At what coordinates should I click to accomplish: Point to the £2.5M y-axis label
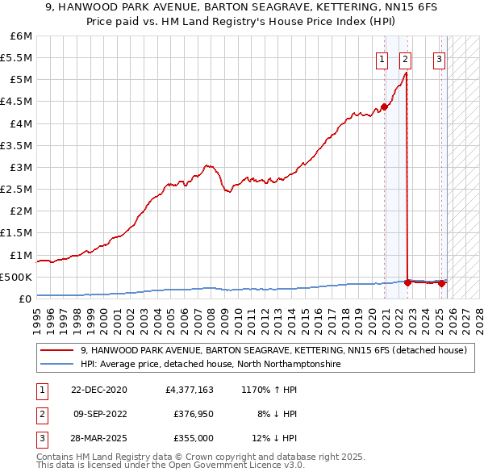tap(16, 189)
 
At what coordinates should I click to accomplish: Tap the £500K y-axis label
tap(16, 277)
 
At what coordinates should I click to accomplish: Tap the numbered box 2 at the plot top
tap(404, 58)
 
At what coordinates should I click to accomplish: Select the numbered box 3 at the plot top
tap(439, 58)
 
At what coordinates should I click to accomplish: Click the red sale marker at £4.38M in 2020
tap(385, 106)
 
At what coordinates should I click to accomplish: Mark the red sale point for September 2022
tap(408, 282)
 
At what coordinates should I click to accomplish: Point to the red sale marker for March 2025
tap(442, 283)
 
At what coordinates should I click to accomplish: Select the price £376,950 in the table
tap(193, 414)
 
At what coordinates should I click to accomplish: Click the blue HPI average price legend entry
tap(210, 365)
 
